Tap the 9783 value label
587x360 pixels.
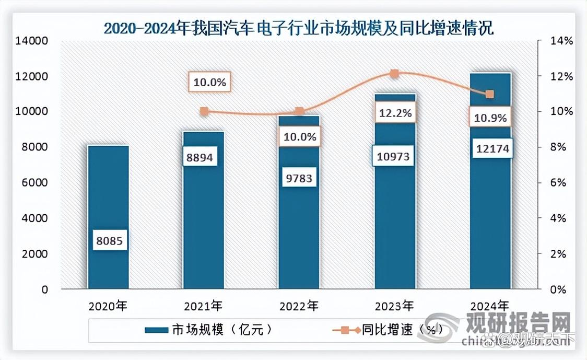pos(299,179)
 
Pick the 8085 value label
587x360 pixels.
pos(108,241)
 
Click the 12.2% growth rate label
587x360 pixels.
pos(395,112)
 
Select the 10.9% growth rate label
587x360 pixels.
pos(490,118)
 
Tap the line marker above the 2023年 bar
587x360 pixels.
pos(394,74)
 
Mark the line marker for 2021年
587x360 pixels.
pos(204,111)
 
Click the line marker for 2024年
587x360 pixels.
pos(489,95)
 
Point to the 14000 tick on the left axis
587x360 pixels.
pos(33,41)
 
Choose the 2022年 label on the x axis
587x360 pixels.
pos(299,305)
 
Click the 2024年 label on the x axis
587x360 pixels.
pos(490,305)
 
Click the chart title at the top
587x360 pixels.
pos(298,27)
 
